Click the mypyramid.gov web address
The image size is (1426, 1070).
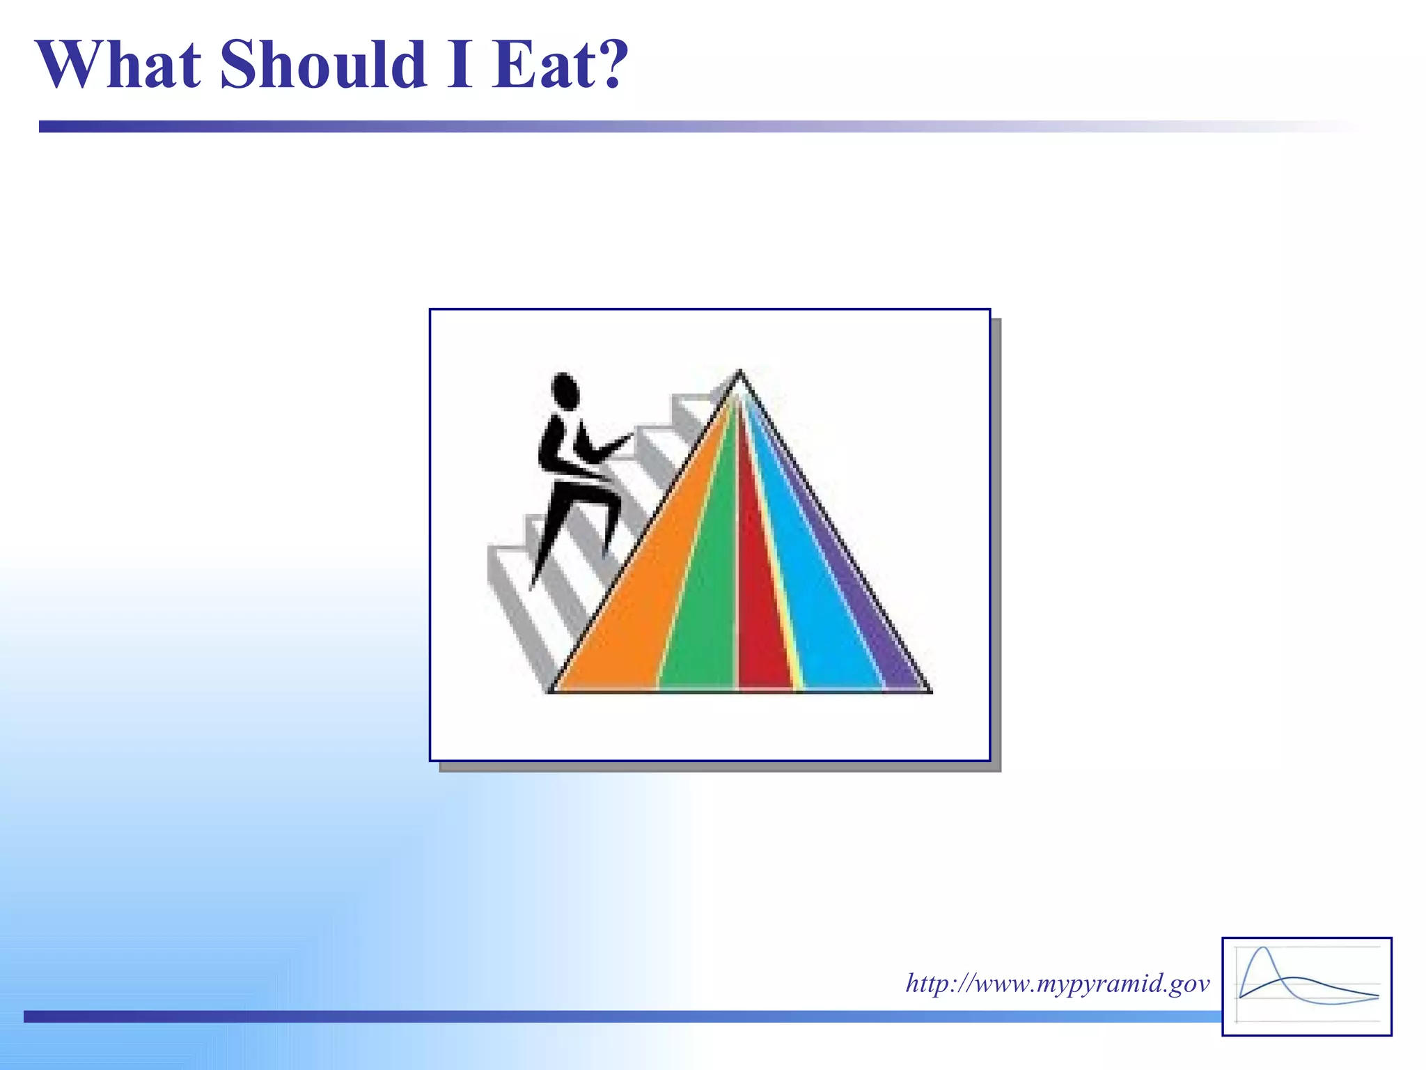click(x=1057, y=984)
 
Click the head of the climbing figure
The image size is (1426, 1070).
click(x=565, y=390)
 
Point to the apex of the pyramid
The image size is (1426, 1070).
click(x=739, y=373)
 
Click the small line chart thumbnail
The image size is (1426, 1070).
click(x=1307, y=986)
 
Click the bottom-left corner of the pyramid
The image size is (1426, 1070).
click(x=550, y=691)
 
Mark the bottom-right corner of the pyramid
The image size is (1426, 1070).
click(x=930, y=691)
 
